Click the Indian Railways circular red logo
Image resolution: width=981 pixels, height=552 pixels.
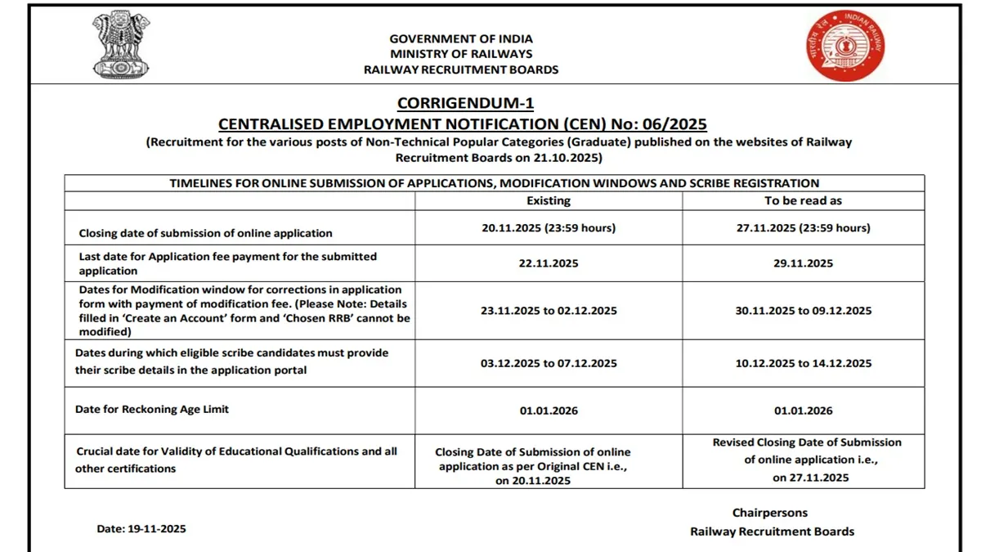[845, 46]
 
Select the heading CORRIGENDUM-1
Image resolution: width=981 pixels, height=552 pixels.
[465, 103]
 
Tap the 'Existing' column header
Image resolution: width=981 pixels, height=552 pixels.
[549, 200]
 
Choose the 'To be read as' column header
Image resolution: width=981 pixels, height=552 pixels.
[803, 200]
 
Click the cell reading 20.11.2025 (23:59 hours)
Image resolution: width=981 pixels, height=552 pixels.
[549, 228]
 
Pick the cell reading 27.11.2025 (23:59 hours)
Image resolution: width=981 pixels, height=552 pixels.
[803, 228]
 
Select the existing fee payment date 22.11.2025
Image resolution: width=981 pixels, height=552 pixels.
[549, 263]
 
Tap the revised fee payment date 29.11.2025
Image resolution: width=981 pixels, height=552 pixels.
[803, 263]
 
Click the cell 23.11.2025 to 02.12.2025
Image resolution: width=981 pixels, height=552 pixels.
[549, 311]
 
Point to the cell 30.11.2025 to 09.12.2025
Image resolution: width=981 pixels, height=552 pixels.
[803, 311]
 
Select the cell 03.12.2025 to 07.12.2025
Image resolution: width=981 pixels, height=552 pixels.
[549, 363]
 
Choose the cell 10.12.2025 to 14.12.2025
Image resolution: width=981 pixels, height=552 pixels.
[803, 363]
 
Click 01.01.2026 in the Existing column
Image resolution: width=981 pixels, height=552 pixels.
[549, 411]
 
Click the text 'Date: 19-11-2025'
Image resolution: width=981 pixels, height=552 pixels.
[141, 529]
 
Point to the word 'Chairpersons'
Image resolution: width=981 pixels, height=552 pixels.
[769, 513]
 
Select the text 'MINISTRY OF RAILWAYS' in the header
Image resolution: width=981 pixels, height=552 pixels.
[461, 54]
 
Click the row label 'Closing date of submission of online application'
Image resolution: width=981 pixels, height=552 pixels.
[205, 233]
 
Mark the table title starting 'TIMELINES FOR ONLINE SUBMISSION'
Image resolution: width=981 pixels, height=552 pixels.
[495, 183]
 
